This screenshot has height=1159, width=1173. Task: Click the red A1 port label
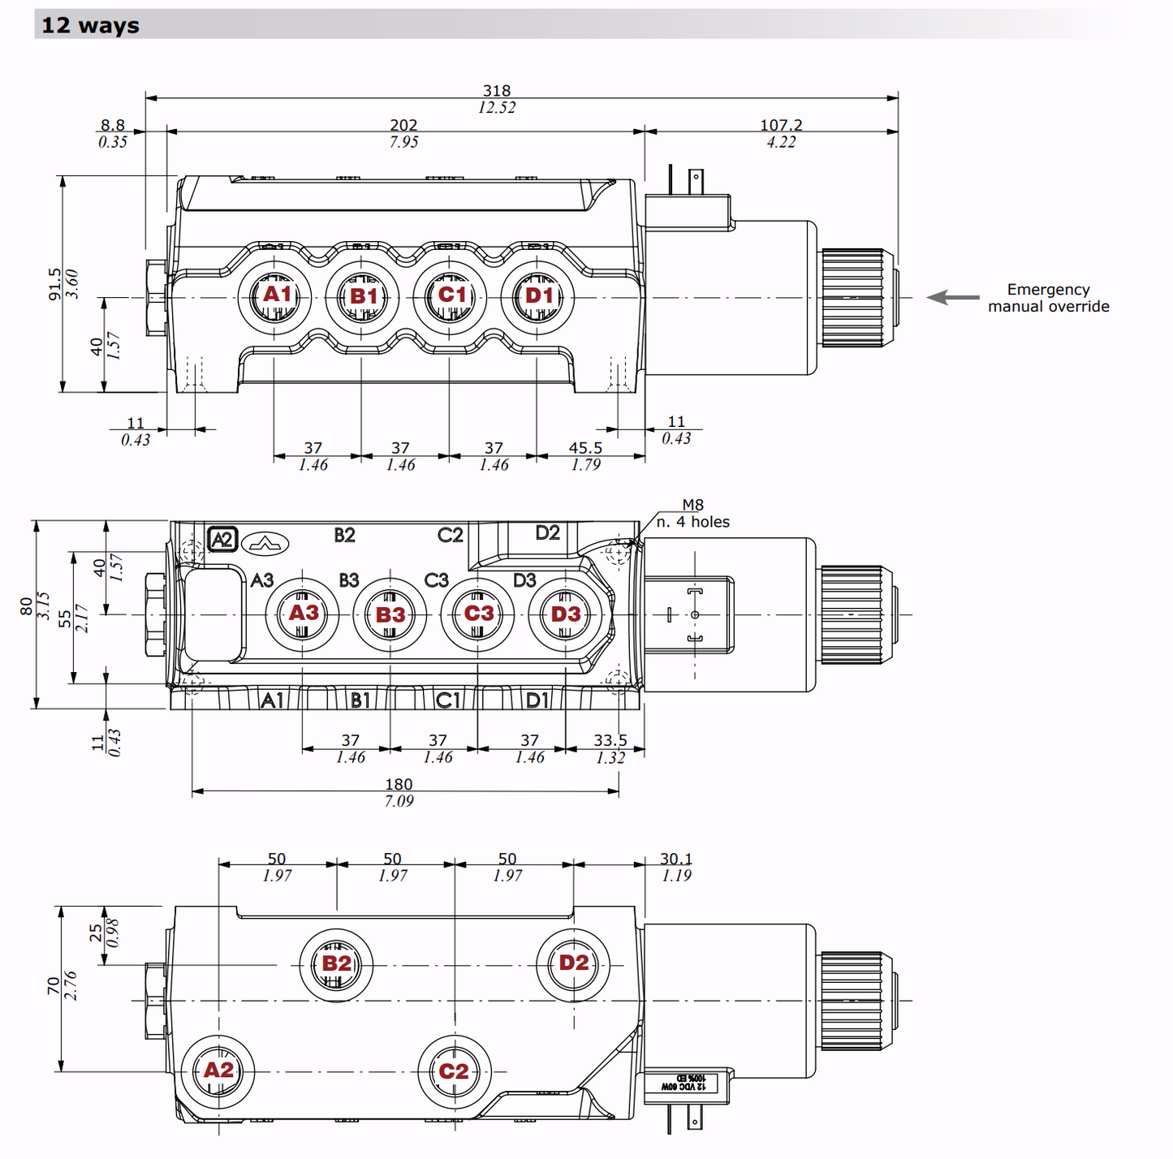[277, 295]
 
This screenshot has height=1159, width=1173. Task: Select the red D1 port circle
[539, 295]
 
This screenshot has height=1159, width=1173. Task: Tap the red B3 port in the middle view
[390, 614]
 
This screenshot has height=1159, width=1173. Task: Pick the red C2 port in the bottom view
[454, 1071]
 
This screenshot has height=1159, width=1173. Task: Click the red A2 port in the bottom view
[218, 1071]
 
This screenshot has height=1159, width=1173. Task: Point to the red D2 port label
[574, 963]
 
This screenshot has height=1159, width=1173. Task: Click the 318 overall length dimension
[497, 91]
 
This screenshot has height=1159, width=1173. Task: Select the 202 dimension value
[403, 125]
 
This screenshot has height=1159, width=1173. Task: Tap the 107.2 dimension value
[781, 125]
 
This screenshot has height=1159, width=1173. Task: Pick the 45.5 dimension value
[585, 448]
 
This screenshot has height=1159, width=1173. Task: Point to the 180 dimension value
[399, 784]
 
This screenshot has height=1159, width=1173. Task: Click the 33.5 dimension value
[610, 740]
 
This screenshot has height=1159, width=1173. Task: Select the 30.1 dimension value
[676, 859]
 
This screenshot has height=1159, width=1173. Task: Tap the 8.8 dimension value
[113, 125]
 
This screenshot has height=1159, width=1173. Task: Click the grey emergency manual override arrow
[953, 298]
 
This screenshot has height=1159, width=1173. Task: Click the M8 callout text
[692, 505]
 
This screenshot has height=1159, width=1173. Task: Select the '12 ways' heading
[90, 25]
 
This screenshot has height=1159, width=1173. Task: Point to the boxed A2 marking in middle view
[222, 540]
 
